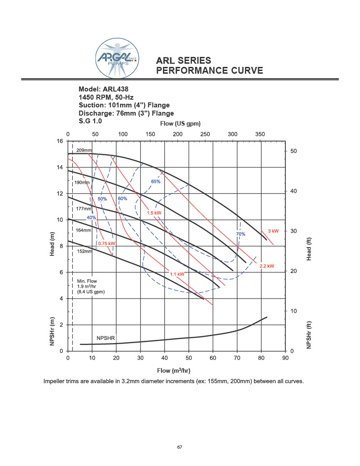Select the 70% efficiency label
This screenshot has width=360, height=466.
[x=240, y=234]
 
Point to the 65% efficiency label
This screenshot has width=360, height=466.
[x=155, y=182]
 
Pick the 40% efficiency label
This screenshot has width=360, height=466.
[x=91, y=218]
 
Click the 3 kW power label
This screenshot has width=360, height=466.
[x=273, y=231]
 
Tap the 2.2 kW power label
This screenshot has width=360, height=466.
[x=267, y=266]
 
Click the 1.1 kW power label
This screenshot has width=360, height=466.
[x=177, y=274]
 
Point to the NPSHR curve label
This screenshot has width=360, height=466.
[x=106, y=339]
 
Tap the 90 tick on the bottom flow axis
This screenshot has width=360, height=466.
[x=285, y=358]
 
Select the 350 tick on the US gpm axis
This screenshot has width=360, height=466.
[x=260, y=134]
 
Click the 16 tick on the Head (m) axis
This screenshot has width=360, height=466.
[x=60, y=141]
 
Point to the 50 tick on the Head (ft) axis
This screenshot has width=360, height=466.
[x=293, y=151]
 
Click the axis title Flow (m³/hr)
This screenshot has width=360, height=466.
[x=177, y=370]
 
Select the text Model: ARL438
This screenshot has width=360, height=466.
[x=107, y=89]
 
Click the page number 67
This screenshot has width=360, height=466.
[x=180, y=447]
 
